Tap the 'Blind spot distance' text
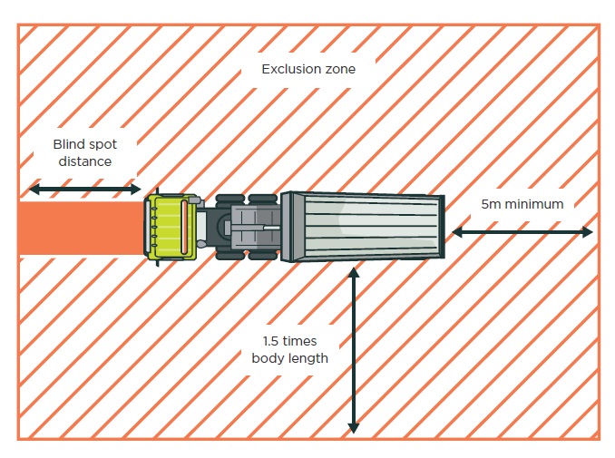84,152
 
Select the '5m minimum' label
522,204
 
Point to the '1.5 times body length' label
289,349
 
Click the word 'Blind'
69,144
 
